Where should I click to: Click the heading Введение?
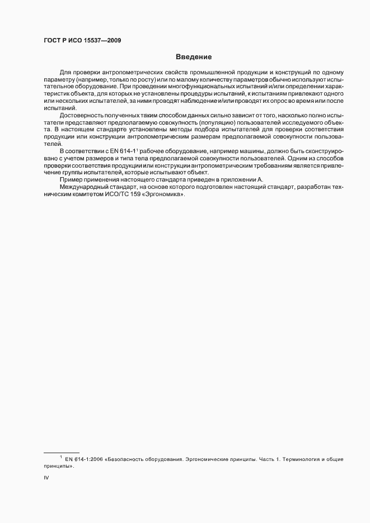[193, 56]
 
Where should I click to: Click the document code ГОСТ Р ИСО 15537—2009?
[82, 40]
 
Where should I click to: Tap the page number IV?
[46, 479]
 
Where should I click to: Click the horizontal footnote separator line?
[62, 452]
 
